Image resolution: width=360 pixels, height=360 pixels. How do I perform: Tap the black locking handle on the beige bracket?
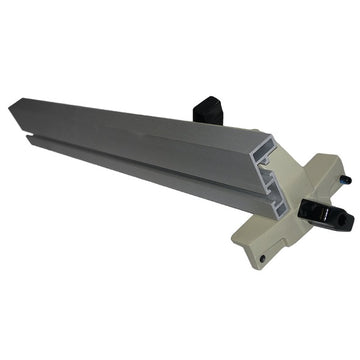tap(324, 212)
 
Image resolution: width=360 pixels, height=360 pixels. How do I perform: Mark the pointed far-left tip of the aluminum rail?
tap(11, 103)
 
